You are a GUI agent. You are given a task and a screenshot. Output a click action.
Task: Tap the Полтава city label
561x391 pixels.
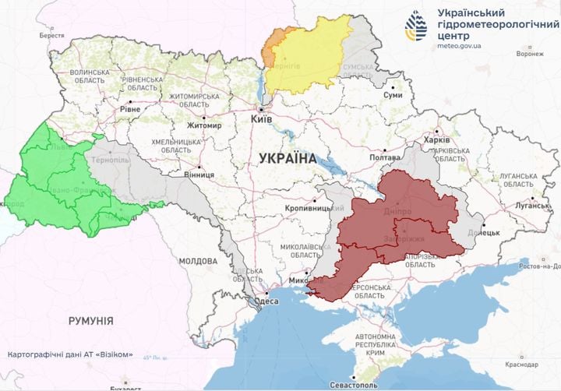tap(384, 157)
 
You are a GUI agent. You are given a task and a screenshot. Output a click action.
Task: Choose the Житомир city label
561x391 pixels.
tap(204, 125)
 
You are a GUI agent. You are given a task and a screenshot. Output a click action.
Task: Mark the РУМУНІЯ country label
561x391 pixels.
tap(90, 321)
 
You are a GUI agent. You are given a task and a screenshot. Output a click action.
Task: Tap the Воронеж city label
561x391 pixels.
tap(530, 54)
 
